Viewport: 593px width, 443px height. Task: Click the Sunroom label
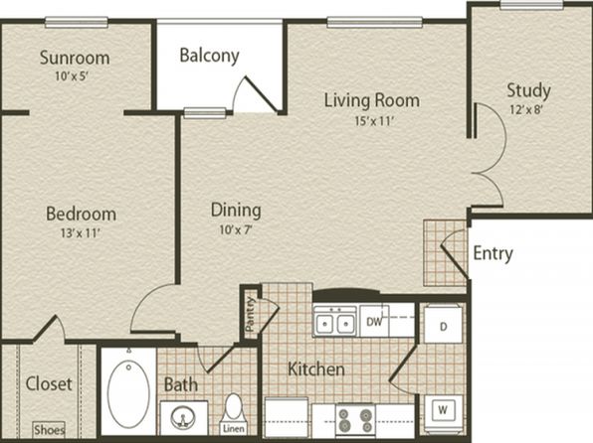(75, 58)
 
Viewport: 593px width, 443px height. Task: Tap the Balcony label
(210, 56)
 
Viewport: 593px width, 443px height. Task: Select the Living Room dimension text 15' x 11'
(374, 121)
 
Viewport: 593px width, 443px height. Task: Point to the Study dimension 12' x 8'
(526, 110)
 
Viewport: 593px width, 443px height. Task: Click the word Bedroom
(81, 214)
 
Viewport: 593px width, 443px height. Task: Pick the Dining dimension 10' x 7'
(236, 229)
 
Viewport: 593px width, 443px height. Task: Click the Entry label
(494, 253)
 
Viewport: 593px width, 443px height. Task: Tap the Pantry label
(250, 314)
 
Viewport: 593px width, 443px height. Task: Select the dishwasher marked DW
(374, 322)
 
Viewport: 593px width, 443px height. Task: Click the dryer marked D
(443, 326)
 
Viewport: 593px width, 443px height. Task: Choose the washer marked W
(443, 409)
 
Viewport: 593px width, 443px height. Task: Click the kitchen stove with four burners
(355, 420)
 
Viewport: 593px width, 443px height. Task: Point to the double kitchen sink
(334, 322)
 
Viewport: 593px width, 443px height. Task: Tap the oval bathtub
(128, 394)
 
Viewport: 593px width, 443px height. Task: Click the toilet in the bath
(234, 409)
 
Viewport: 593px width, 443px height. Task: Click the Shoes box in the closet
(49, 430)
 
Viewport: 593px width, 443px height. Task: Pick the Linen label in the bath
(234, 429)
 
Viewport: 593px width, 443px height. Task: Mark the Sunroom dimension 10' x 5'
(72, 76)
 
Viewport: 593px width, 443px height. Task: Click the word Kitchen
(316, 369)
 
